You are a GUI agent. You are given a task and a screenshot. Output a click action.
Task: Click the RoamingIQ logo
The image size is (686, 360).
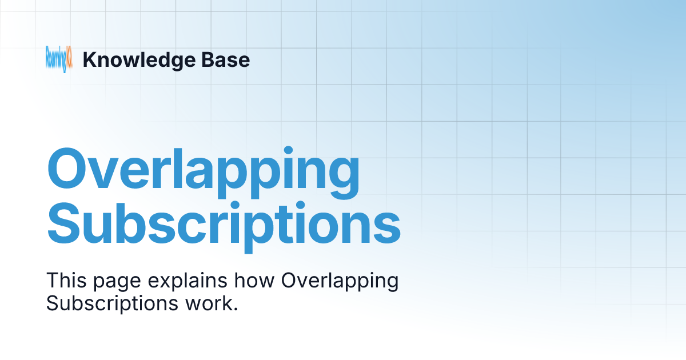click(59, 59)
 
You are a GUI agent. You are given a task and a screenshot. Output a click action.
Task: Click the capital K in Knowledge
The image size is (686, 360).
click(89, 59)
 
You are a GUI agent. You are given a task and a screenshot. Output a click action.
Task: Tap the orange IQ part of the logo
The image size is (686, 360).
click(69, 59)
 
